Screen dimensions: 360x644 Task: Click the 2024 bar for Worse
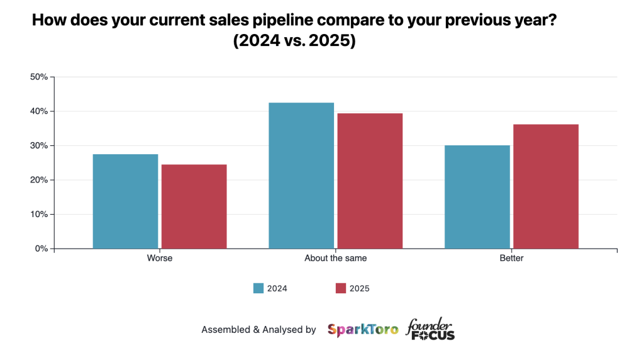pyautogui.click(x=125, y=201)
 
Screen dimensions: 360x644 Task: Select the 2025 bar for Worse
pyautogui.click(x=194, y=206)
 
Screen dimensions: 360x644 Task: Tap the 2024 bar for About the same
pyautogui.click(x=301, y=176)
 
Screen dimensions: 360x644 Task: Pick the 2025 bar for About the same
pyautogui.click(x=370, y=181)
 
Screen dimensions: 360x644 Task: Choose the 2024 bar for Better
pyautogui.click(x=477, y=197)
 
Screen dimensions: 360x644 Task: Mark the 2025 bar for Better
pyautogui.click(x=546, y=186)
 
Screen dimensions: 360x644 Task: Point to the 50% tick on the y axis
pyautogui.click(x=39, y=77)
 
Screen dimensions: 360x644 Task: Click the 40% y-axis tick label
pyautogui.click(x=39, y=111)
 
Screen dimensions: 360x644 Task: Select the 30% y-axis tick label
pyautogui.click(x=39, y=146)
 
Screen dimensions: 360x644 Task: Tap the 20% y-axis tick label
pyautogui.click(x=39, y=180)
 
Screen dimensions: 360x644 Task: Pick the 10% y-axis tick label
pyautogui.click(x=39, y=215)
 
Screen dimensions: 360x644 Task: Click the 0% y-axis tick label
pyautogui.click(x=41, y=249)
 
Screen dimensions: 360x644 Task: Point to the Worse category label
pyautogui.click(x=159, y=259)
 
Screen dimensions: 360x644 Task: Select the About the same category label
pyautogui.click(x=335, y=259)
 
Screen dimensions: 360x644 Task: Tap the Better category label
pyautogui.click(x=511, y=259)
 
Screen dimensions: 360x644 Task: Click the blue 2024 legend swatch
pyautogui.click(x=258, y=288)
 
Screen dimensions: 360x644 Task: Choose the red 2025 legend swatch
pyautogui.click(x=341, y=288)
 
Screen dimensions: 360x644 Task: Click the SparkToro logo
pyautogui.click(x=363, y=329)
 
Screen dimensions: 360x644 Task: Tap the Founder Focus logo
pyautogui.click(x=430, y=329)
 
